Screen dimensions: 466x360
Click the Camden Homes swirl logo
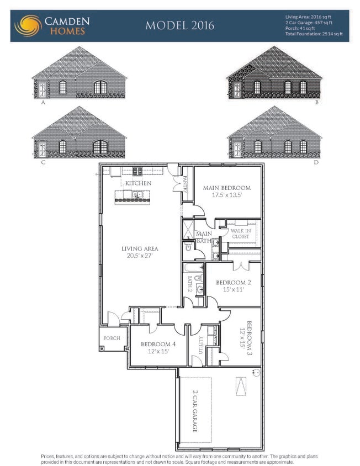click(x=27, y=25)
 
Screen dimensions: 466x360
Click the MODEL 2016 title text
click(x=179, y=25)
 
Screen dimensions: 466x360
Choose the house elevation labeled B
click(x=274, y=73)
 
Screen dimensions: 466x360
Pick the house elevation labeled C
click(x=79, y=133)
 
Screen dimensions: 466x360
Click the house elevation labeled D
click(x=274, y=133)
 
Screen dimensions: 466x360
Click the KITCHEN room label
click(x=138, y=183)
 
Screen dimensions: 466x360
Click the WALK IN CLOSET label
click(x=240, y=234)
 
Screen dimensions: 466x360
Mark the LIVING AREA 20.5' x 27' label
click(x=140, y=252)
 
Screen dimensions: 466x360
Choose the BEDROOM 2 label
click(x=234, y=285)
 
